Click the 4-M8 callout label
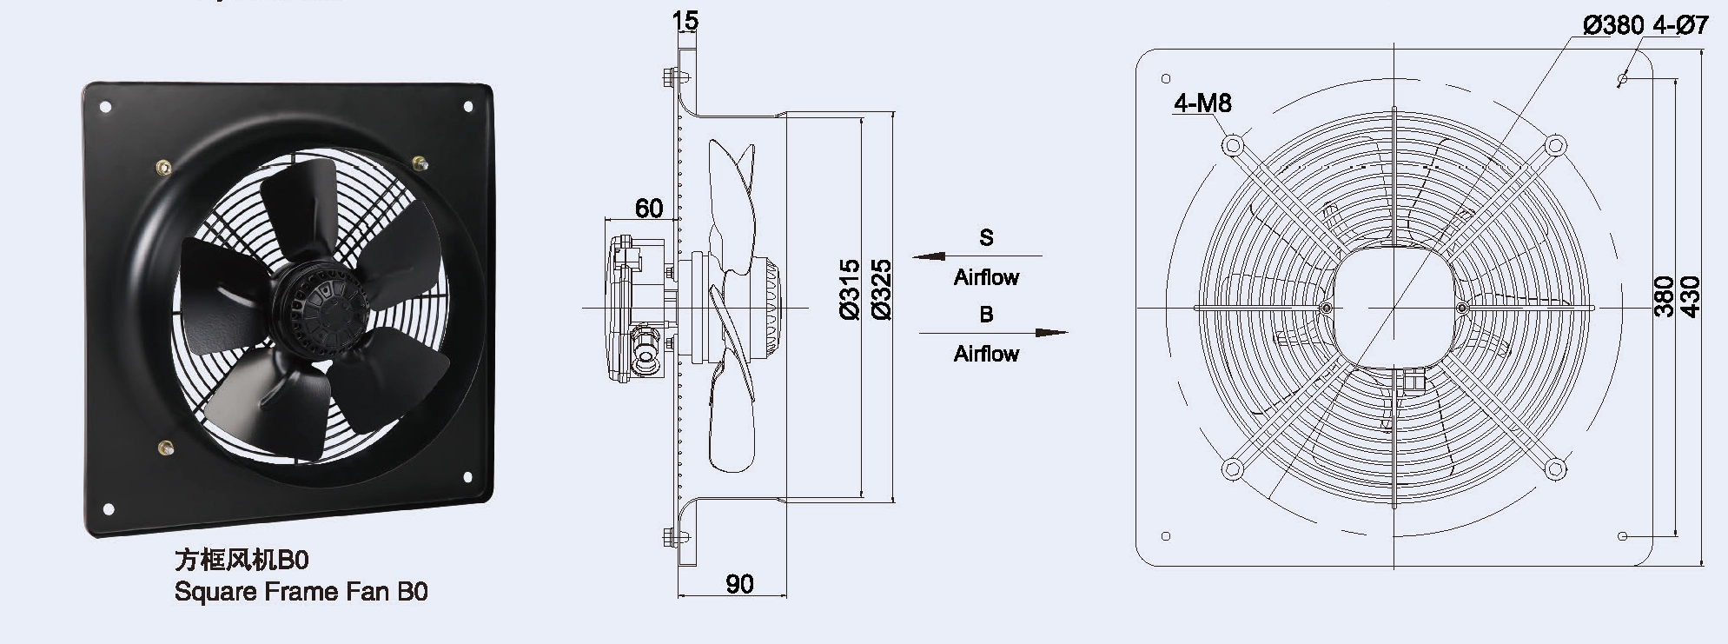click(x=1202, y=103)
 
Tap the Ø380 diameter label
click(x=1613, y=26)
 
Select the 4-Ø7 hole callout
click(x=1680, y=26)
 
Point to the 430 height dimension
click(x=1690, y=296)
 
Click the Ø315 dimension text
click(x=851, y=289)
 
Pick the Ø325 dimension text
click(x=880, y=289)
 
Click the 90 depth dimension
click(x=739, y=584)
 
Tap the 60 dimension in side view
click(x=648, y=209)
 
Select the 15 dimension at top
click(x=685, y=20)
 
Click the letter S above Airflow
click(x=986, y=237)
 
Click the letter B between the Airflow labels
click(x=986, y=314)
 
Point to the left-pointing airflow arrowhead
click(x=929, y=256)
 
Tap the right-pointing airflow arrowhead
click(x=1051, y=332)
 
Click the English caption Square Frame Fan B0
click(x=301, y=592)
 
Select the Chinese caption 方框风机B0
click(x=242, y=559)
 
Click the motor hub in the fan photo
click(x=318, y=300)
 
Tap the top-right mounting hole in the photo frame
click(x=468, y=107)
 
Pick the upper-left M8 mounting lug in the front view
click(x=1233, y=144)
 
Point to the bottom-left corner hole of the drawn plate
click(x=1166, y=536)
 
